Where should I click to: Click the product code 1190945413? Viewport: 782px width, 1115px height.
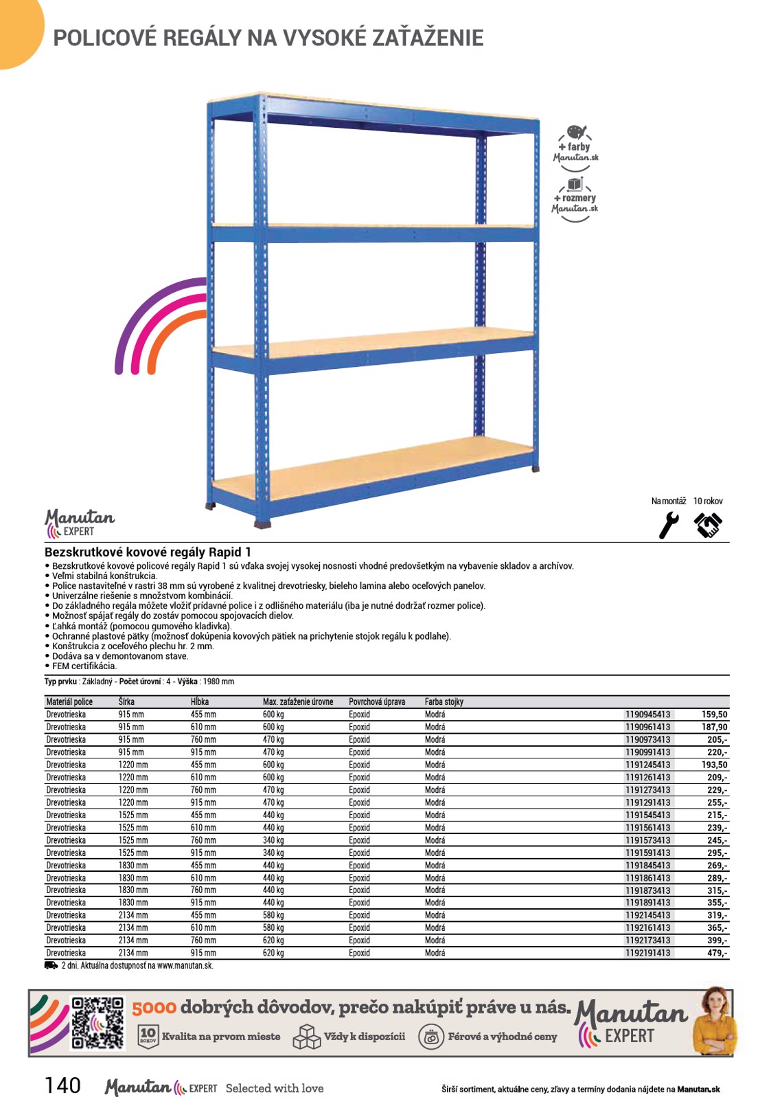tap(647, 714)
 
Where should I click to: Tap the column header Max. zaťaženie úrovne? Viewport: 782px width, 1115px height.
tap(298, 701)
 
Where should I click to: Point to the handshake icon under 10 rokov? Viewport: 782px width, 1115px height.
tap(708, 526)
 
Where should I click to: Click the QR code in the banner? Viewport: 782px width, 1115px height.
tap(98, 1022)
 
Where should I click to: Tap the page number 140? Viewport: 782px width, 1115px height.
tap(62, 1085)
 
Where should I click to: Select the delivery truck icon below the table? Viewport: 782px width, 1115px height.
tap(51, 965)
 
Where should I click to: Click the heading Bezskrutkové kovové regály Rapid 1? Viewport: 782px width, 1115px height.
tap(148, 552)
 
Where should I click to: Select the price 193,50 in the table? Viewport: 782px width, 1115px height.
tap(714, 765)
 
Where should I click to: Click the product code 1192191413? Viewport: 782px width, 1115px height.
tap(647, 953)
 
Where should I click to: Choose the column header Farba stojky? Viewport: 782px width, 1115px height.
tap(444, 701)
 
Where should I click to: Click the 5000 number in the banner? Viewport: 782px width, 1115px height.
tap(154, 1008)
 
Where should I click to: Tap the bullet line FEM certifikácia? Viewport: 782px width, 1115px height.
tap(84, 666)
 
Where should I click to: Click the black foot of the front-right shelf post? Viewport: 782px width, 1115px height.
tap(262, 524)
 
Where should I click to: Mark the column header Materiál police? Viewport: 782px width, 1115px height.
tap(69, 701)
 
